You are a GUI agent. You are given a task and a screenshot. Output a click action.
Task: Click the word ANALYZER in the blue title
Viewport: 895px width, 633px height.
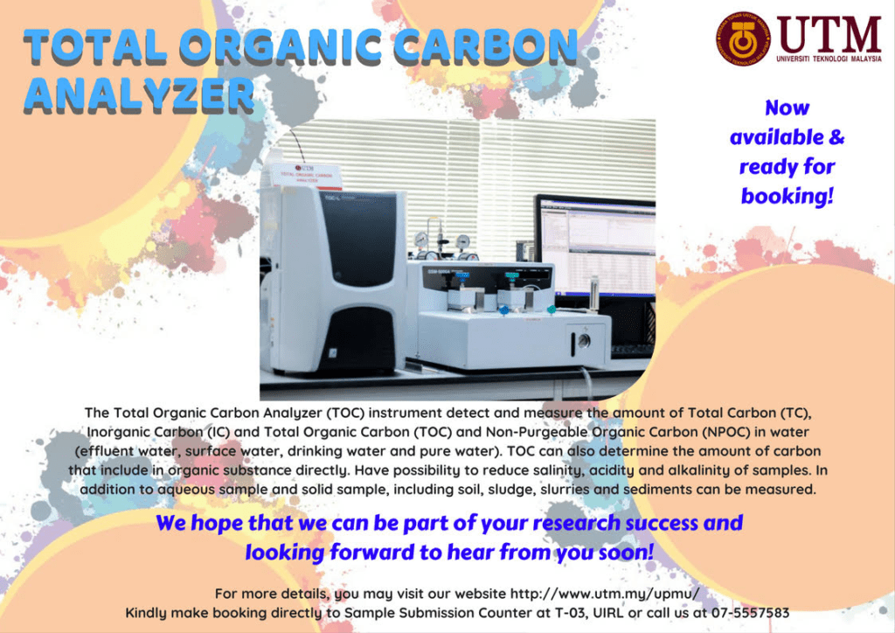tap(139, 95)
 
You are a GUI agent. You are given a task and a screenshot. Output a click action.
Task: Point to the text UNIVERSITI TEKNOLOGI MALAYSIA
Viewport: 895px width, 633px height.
tap(829, 59)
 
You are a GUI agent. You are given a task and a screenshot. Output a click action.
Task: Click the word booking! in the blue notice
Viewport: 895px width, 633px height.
tap(787, 196)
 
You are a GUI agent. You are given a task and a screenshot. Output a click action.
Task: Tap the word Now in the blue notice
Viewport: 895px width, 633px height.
tap(787, 108)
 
